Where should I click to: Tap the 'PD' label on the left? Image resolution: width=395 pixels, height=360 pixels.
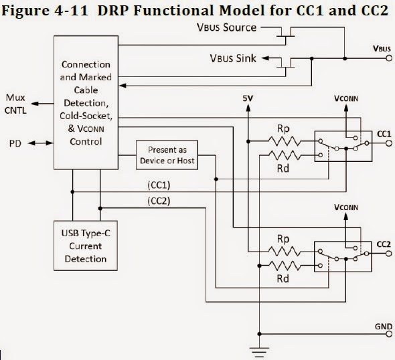tap(15, 144)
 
